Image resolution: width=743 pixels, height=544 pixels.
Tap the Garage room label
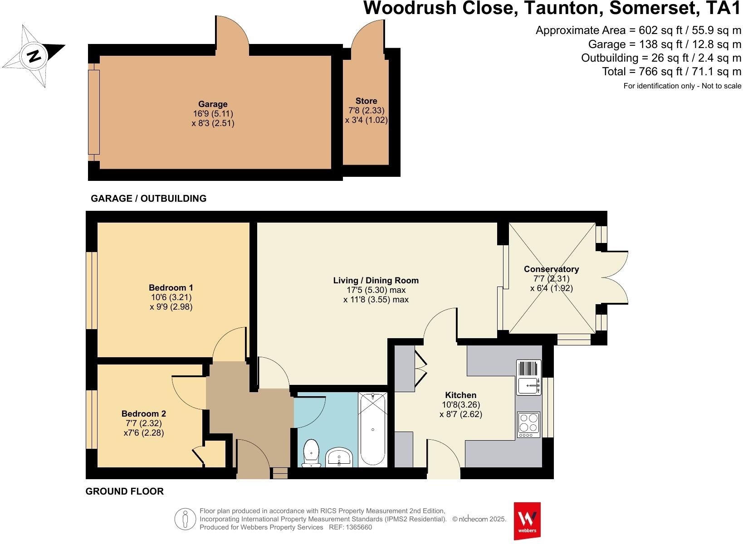click(213, 104)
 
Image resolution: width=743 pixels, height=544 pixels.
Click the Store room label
click(366, 101)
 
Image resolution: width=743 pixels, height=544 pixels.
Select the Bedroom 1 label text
click(171, 287)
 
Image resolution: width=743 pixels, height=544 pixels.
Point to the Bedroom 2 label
click(144, 413)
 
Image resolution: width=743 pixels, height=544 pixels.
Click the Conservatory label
click(551, 269)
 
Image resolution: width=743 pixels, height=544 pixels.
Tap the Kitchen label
click(460, 395)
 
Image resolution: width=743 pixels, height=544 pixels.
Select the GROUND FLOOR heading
click(124, 491)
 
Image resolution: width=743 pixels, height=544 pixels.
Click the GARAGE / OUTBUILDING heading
click(148, 199)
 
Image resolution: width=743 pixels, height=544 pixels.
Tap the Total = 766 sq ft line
click(671, 72)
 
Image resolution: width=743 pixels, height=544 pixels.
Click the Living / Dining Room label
click(376, 280)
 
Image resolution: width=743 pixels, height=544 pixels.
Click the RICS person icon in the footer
click(185, 519)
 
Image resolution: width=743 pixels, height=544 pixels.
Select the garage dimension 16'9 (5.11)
click(213, 113)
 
